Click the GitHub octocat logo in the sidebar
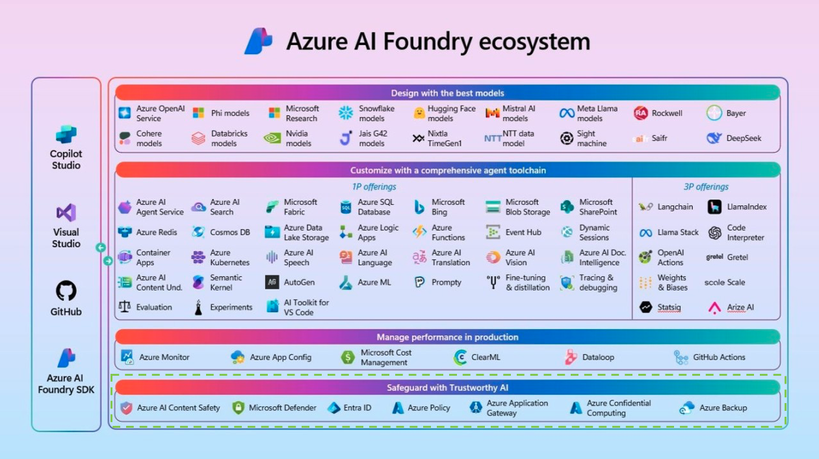click(66, 291)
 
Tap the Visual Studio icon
click(66, 213)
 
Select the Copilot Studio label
click(66, 159)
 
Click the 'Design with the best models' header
click(447, 93)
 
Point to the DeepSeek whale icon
click(714, 138)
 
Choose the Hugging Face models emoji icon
click(419, 113)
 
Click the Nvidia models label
click(299, 138)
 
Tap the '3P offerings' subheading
click(706, 187)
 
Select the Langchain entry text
click(675, 207)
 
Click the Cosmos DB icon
click(198, 232)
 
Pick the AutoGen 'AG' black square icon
click(272, 282)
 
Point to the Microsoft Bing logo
click(419, 207)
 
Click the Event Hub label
click(523, 232)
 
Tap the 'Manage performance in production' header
click(447, 337)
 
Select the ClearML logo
click(461, 357)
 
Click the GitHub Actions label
click(719, 357)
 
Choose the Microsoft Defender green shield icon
click(239, 408)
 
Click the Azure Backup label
click(723, 408)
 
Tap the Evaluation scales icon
click(125, 307)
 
